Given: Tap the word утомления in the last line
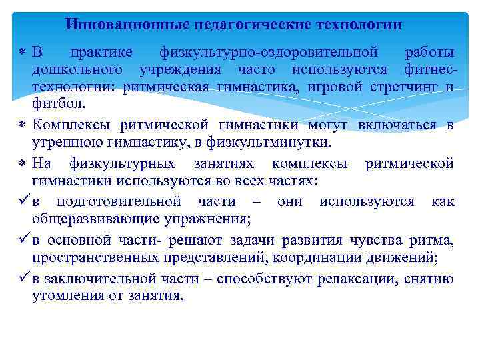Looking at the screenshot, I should coord(65,296).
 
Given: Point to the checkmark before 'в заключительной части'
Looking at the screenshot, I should coord(23,279).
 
